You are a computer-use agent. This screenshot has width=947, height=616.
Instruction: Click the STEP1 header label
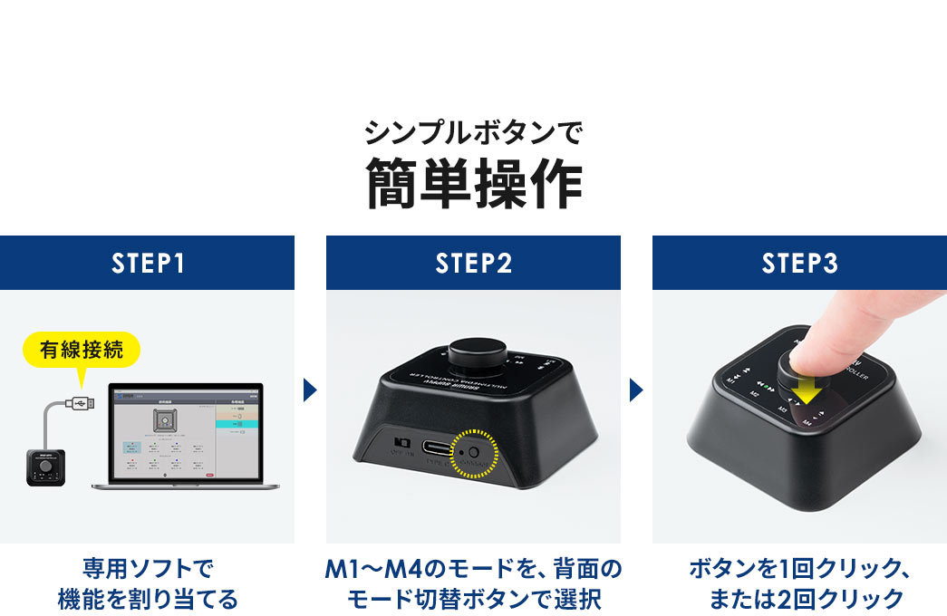click(x=147, y=263)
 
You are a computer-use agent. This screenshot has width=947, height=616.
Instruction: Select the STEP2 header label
click(x=473, y=263)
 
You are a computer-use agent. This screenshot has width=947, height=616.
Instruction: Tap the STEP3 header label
click(x=799, y=263)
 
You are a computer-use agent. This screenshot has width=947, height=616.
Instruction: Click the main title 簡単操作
click(x=473, y=182)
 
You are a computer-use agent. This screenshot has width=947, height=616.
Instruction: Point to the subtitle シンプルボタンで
click(x=473, y=133)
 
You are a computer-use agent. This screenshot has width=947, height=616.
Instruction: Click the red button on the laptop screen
click(x=211, y=475)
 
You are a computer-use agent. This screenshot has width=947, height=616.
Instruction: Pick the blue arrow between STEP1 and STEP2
click(x=310, y=390)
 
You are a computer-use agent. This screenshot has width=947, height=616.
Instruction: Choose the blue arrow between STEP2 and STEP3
click(x=636, y=390)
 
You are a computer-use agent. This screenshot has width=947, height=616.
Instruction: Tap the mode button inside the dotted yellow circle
click(x=472, y=450)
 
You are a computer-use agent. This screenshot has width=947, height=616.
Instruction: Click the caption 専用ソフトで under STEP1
click(x=147, y=570)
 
